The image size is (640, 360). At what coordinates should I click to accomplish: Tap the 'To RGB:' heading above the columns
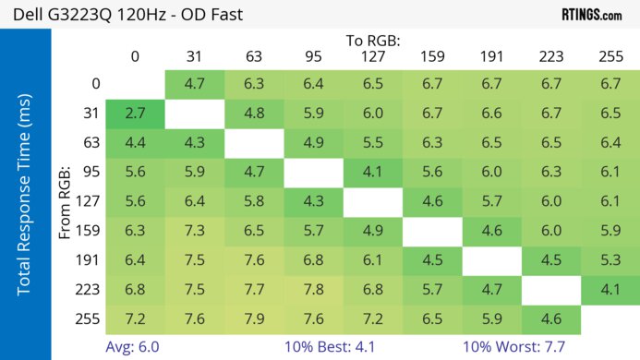point(372,41)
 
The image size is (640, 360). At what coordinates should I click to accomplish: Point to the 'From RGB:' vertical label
point(66,202)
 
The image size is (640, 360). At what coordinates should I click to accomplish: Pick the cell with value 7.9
point(254,319)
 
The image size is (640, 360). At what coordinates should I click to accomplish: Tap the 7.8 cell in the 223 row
point(313,291)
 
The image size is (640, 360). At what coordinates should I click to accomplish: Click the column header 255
point(610,57)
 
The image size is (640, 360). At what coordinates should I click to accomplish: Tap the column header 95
point(313,57)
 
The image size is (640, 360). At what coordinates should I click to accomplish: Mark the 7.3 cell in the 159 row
point(194,232)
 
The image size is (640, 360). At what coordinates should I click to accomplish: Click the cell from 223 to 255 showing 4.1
point(610,291)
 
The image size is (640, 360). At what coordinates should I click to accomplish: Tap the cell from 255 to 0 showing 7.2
point(135,319)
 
